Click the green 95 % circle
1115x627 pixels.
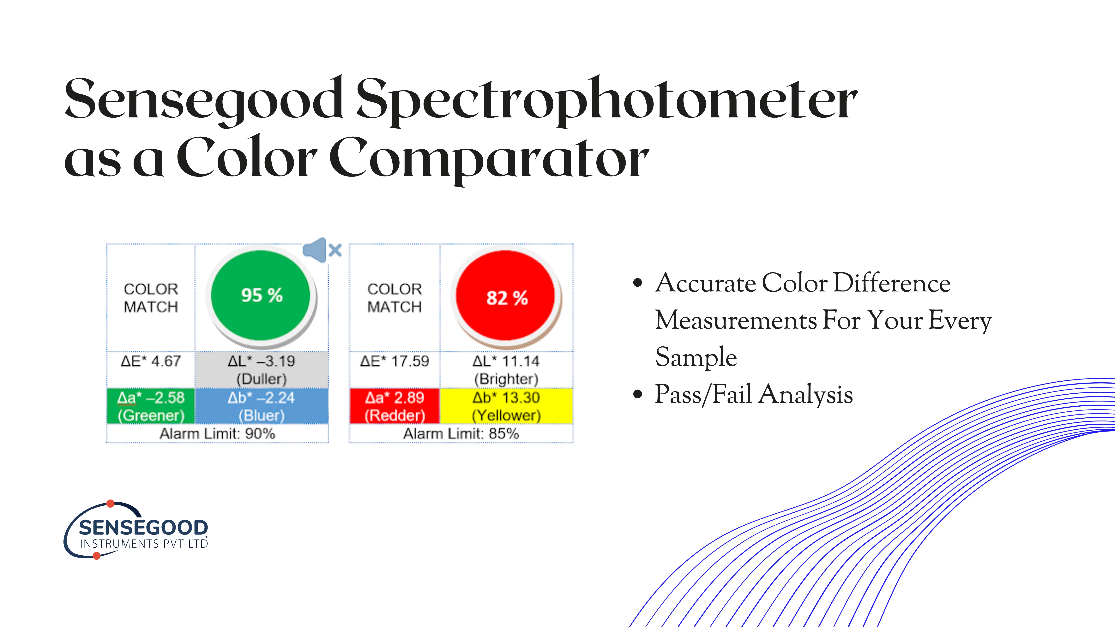261,296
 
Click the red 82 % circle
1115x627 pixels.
506,296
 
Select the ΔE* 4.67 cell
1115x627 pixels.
151,361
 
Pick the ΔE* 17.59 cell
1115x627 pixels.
394,361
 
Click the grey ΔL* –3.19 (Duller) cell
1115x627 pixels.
262,370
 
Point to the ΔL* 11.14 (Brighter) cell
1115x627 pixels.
506,370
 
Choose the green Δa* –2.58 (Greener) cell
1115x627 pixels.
151,406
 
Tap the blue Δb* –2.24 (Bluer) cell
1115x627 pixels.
262,406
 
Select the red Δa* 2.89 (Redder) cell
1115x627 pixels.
394,406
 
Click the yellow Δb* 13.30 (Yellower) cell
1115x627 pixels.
506,406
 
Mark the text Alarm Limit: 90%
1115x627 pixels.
217,433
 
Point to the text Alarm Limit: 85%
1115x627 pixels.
461,433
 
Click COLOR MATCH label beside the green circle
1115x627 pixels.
151,298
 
